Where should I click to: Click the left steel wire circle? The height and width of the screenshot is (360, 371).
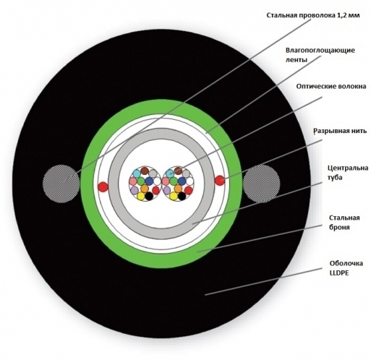coord(61,184)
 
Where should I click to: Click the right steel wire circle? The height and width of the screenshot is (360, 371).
coord(262,184)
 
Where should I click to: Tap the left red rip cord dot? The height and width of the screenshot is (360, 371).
coord(103,187)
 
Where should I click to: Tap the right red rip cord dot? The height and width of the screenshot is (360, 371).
coord(220,180)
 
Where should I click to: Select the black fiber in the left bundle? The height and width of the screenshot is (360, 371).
coord(149,197)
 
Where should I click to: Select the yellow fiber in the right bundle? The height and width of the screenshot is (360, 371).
coord(174,196)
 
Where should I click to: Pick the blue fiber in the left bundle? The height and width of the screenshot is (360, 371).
coord(149,181)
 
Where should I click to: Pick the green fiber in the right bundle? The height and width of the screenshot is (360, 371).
coord(174,181)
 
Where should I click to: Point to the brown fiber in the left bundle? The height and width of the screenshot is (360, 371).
coord(145,171)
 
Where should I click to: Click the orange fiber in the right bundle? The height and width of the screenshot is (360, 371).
coord(178,189)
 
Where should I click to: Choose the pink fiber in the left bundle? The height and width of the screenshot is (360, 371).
coord(133,181)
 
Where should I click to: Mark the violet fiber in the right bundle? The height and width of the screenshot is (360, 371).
coord(167,190)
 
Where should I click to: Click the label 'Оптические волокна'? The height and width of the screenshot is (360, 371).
coord(331,86)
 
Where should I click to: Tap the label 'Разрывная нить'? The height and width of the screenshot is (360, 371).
coord(340,131)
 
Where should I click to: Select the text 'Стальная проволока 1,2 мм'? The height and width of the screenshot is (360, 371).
coord(313,15)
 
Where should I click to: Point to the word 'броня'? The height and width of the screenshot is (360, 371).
coord(339,227)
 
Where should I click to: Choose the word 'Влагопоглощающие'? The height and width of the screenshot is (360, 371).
coord(320,51)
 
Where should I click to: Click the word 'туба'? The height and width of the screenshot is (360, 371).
coord(335,178)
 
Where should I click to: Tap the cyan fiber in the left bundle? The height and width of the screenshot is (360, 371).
coord(137,173)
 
